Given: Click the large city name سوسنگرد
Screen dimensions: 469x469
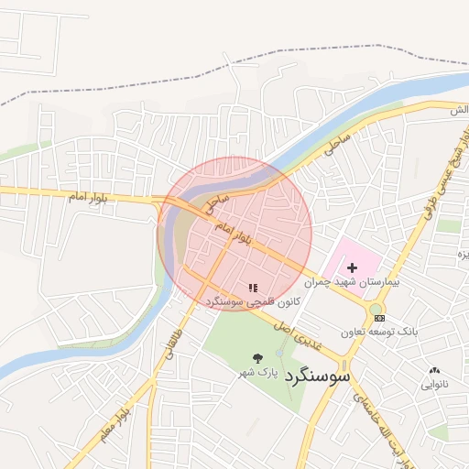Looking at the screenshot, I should coord(318,375).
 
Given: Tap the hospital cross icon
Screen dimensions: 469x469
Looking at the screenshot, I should coord(352,267).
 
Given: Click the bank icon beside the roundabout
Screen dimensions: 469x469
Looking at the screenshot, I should coord(380,318).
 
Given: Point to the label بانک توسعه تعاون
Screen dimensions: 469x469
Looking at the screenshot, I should coord(377,331).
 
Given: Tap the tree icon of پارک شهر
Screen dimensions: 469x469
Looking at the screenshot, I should coord(256,358).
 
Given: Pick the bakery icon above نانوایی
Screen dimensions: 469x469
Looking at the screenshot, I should coord(434,371).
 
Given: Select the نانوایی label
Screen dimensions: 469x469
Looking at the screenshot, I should coord(435,385).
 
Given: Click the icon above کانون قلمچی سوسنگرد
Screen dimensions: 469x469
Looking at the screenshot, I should coord(253,288).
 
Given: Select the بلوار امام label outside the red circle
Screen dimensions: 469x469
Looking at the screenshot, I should coord(90,196).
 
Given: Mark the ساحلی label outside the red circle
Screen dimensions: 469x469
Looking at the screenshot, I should coord(337,142).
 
